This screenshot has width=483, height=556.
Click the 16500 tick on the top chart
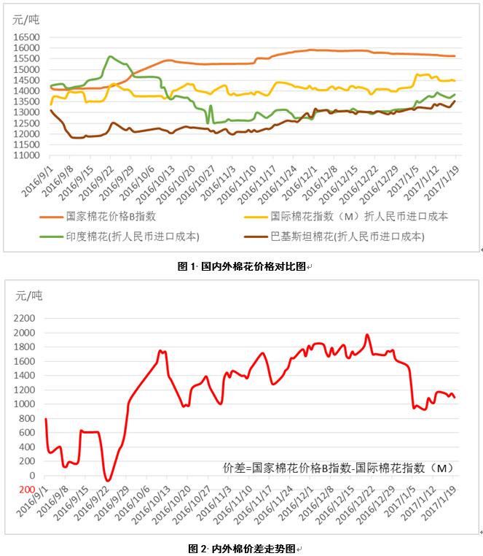coord(26,36)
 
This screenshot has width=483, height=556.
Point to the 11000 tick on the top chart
coord(26,155)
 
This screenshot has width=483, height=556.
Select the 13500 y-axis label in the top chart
coord(26,101)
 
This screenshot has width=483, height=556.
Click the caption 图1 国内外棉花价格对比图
coord(242,267)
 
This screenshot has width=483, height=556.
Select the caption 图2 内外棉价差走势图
coord(242,547)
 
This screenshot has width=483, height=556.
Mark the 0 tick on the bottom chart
coord(31,476)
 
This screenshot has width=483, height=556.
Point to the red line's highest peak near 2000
coord(367,335)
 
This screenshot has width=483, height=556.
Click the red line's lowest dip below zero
coord(108,481)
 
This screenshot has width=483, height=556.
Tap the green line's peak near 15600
coord(110,56)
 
